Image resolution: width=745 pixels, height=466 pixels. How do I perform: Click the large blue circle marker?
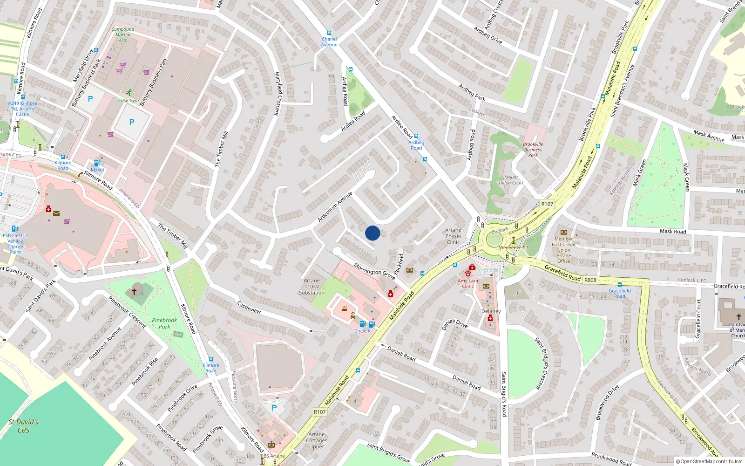click(x=372, y=233)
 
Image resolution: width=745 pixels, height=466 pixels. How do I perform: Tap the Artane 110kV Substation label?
click(x=312, y=287)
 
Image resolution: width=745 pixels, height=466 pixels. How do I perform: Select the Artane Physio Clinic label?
click(x=453, y=236)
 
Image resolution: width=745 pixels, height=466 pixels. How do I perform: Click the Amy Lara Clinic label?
click(x=467, y=283)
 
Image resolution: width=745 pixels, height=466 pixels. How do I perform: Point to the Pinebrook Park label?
click(x=164, y=323)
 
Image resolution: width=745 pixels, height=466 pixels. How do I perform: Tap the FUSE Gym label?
click(x=129, y=100)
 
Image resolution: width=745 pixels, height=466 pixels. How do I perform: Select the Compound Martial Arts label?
click(x=122, y=34)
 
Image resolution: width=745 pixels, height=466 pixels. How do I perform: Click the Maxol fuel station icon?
click(x=97, y=163)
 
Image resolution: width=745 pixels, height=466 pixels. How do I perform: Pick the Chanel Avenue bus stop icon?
click(x=329, y=33)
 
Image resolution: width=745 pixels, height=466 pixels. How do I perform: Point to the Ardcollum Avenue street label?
click(x=335, y=206)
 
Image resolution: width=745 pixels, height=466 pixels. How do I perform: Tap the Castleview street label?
click(x=249, y=308)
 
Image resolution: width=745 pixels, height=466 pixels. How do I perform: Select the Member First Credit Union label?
click(x=563, y=250)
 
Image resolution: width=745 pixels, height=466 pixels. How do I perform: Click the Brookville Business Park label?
click(x=533, y=150)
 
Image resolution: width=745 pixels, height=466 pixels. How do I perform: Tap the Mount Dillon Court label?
click(x=511, y=180)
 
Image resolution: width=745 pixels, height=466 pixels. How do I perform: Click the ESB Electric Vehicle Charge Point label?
click(x=15, y=244)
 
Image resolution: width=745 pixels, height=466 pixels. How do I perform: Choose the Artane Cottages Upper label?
click(x=317, y=440)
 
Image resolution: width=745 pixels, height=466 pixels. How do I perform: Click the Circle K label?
click(x=362, y=331)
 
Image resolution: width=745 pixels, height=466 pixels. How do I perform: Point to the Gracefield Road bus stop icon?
click(x=619, y=284)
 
